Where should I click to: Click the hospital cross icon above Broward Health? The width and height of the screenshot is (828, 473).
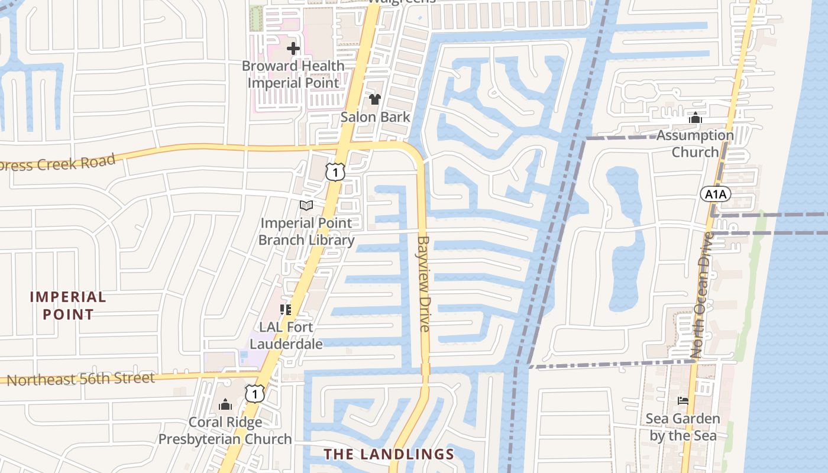[x=293, y=48]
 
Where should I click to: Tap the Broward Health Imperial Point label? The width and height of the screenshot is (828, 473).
[x=293, y=74]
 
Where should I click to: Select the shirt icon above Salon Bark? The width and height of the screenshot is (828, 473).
[x=374, y=99]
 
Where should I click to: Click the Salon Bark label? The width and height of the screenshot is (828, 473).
[x=375, y=116]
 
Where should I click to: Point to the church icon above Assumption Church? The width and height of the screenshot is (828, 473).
[x=696, y=118]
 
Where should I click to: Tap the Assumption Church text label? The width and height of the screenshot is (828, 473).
[x=695, y=144]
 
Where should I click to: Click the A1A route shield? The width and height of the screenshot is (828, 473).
[x=716, y=194]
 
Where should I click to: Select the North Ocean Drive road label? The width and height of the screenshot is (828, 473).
[x=704, y=294]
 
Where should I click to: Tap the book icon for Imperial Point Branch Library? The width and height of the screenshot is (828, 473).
[x=306, y=205]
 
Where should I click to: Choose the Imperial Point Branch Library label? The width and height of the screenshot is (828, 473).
[x=306, y=231]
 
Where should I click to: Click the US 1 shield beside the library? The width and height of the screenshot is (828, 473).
[x=335, y=172]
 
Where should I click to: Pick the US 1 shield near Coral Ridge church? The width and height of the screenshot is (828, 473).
[x=254, y=393]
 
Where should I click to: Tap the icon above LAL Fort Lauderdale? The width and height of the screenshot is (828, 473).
[x=286, y=309]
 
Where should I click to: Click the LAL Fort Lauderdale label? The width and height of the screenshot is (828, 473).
[x=286, y=335]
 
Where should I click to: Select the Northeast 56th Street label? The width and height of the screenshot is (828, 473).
[x=80, y=378]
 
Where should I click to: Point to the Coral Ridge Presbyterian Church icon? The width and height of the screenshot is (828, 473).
[x=225, y=405]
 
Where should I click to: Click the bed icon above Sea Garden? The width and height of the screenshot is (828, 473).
[x=683, y=401]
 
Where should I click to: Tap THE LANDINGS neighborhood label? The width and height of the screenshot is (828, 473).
[x=389, y=454]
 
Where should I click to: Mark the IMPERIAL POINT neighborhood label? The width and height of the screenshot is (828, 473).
[x=68, y=305]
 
